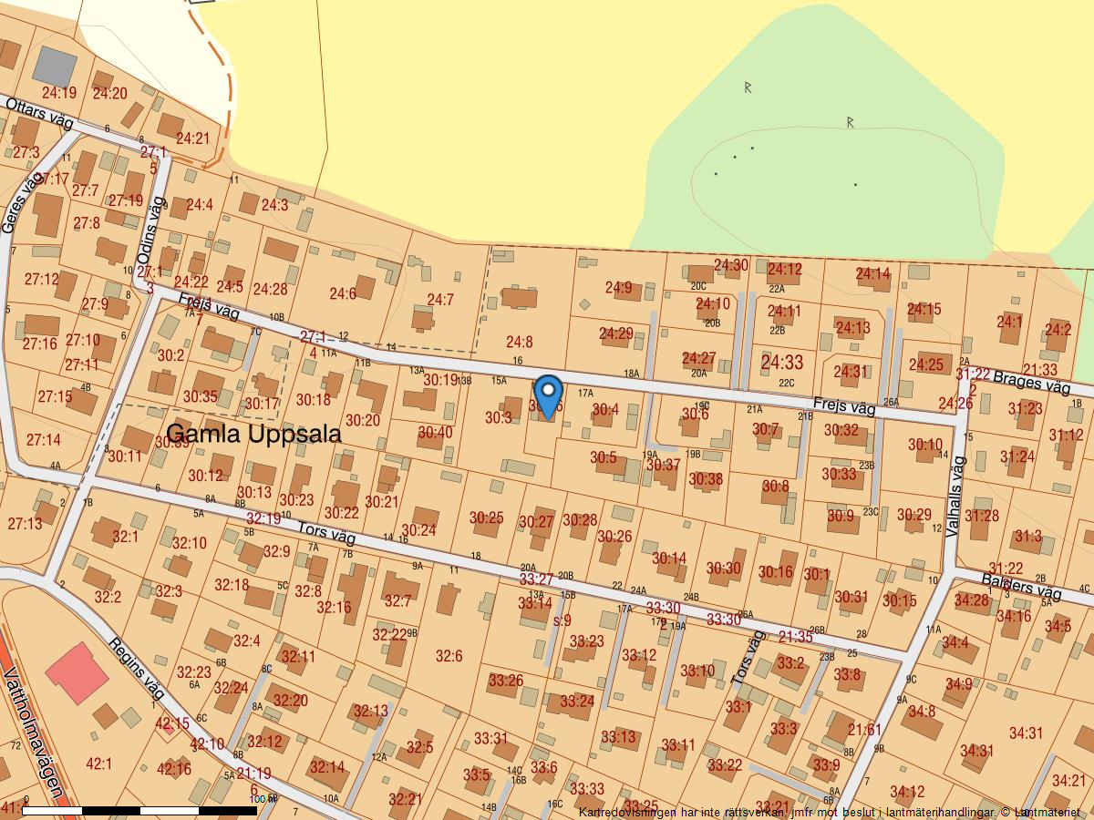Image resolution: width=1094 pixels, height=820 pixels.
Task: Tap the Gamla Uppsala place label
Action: coord(254,434)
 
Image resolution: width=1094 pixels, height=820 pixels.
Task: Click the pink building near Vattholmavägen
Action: coord(77,673)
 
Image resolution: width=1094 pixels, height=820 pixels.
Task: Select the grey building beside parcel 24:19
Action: coord(55,66)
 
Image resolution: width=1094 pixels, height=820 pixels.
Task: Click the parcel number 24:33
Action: coord(781,364)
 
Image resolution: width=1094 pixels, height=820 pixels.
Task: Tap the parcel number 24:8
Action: coord(519,342)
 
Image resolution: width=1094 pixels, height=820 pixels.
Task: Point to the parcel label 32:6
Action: coord(449,656)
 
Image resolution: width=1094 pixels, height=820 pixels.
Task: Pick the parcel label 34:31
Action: coord(1026,733)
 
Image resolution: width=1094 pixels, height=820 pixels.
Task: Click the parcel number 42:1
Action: coord(98,764)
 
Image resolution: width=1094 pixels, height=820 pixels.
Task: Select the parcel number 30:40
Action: coord(435,432)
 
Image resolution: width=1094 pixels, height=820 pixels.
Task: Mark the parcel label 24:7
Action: coord(440,300)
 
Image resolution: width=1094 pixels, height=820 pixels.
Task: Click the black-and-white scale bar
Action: coord(139,810)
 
